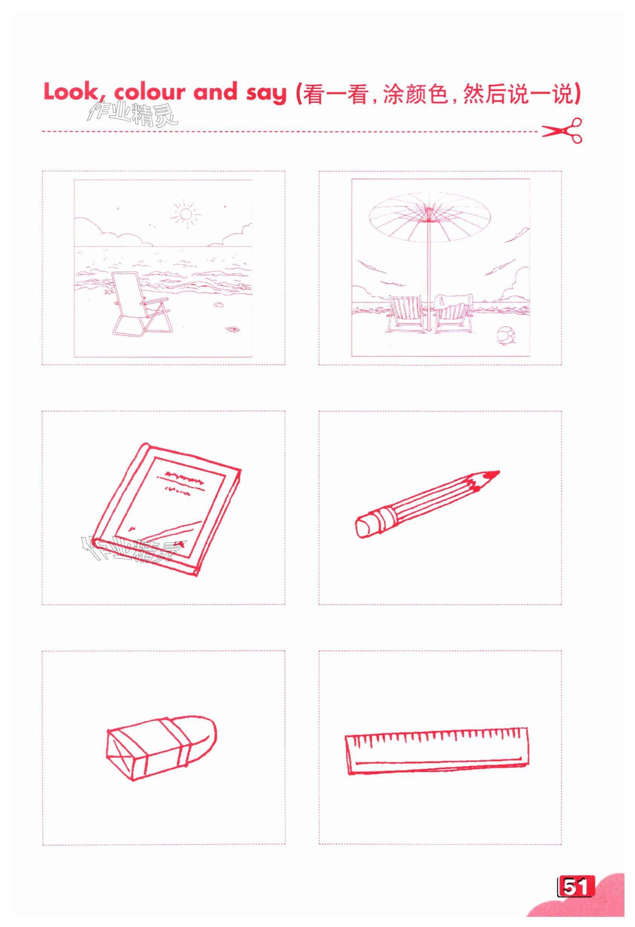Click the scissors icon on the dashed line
pos(562,130)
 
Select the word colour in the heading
pos(150,92)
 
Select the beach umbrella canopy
pos(430,217)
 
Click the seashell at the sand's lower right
pos(232,329)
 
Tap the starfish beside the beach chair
pos(107,292)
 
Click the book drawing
pos(165,509)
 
